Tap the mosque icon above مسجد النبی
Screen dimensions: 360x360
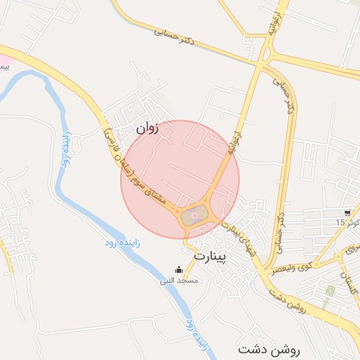pyautogui.click(x=179, y=269)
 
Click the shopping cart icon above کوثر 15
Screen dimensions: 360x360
pyautogui.click(x=348, y=212)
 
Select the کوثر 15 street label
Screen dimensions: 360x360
pyautogui.click(x=347, y=223)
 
